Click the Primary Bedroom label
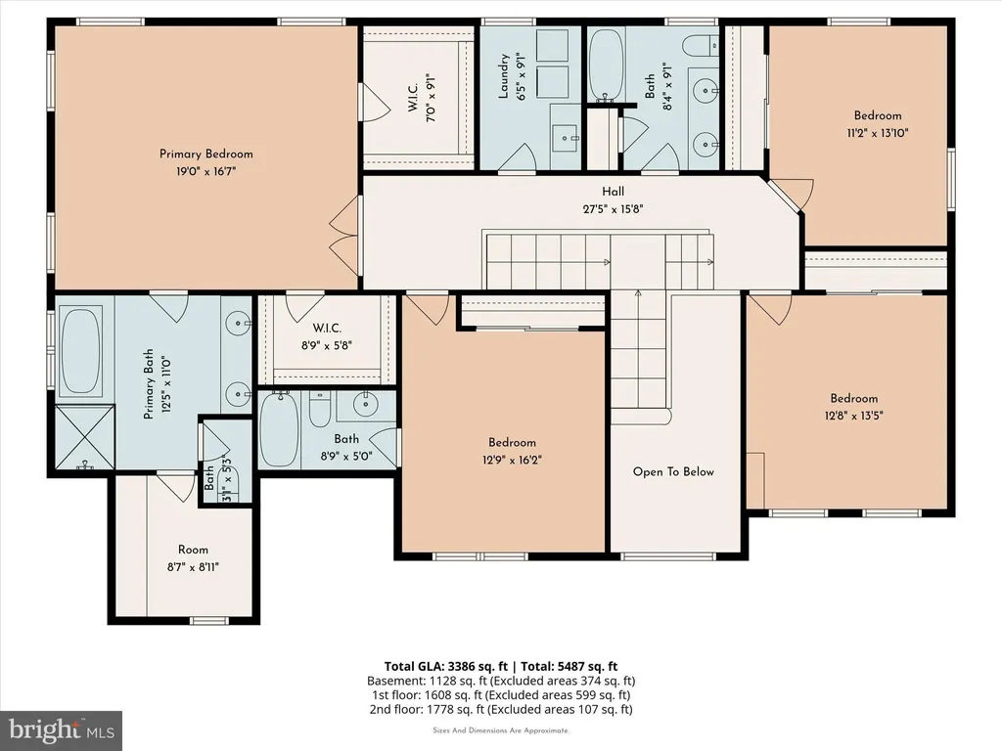[x=205, y=154]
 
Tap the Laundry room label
[x=504, y=76]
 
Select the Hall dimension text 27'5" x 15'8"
[x=613, y=209]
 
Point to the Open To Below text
[x=673, y=472]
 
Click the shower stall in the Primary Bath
[x=84, y=437]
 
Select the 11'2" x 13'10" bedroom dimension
[x=878, y=133]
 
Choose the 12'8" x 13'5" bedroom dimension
[x=853, y=416]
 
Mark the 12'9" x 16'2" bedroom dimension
[x=512, y=460]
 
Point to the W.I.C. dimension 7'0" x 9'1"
[x=432, y=97]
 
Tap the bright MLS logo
[x=62, y=730]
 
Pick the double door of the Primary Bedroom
[x=345, y=236]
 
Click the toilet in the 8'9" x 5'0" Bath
[x=320, y=410]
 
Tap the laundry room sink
[x=566, y=137]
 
